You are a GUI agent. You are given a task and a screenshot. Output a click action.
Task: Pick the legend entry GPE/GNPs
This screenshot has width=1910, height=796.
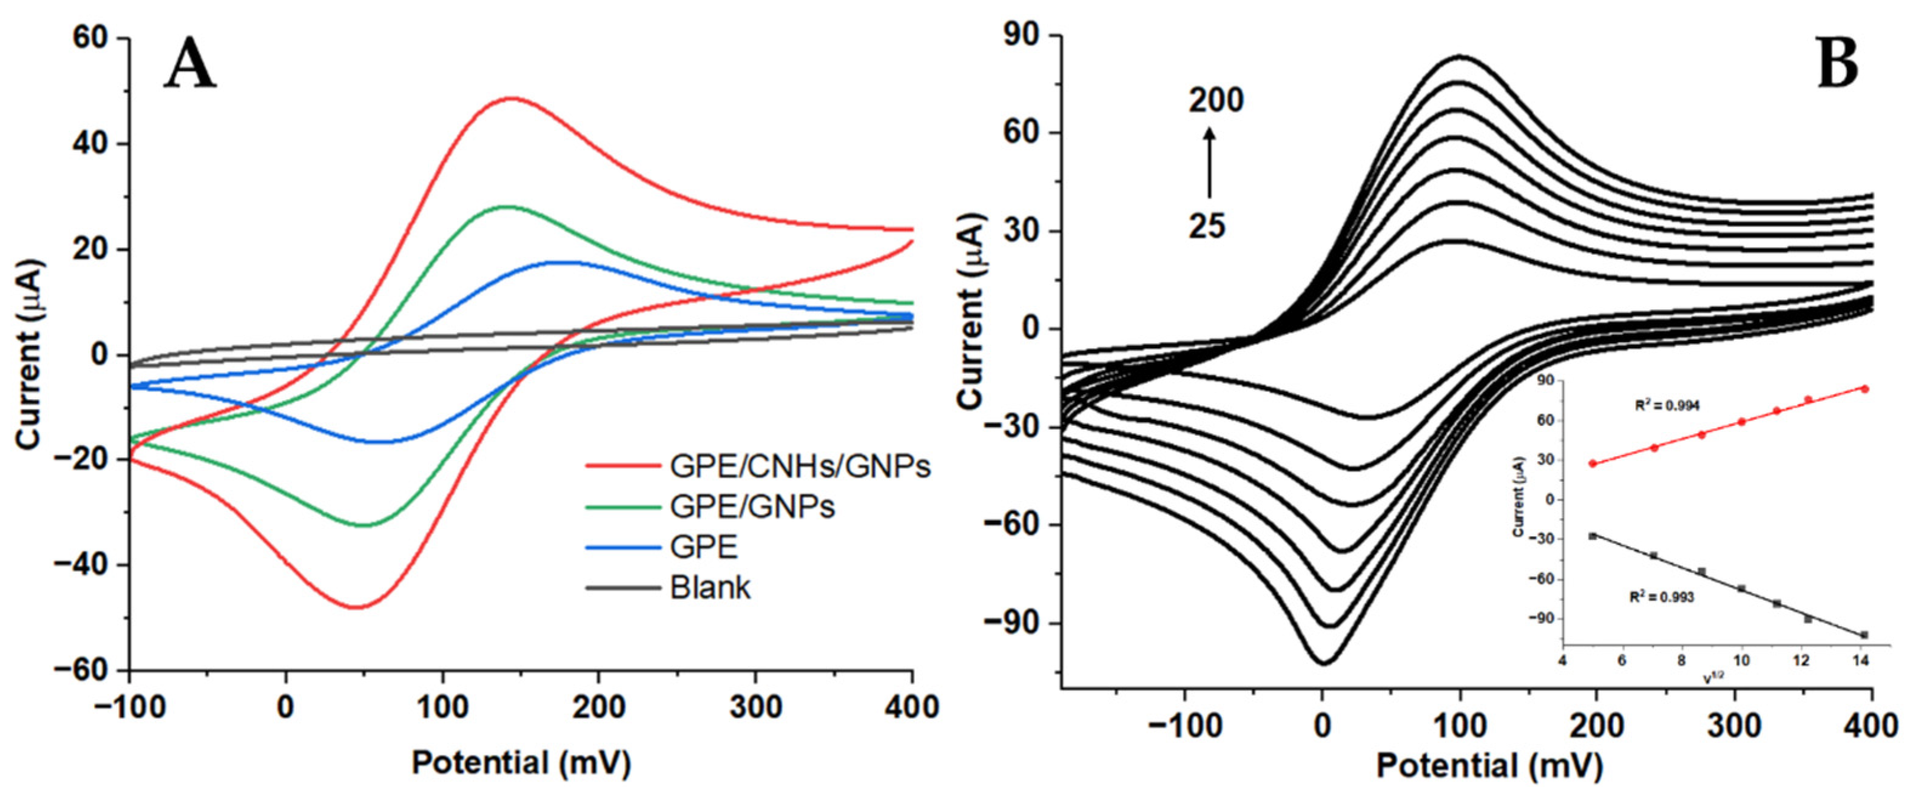(752, 507)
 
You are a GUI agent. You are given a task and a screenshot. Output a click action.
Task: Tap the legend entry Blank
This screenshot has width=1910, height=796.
(710, 588)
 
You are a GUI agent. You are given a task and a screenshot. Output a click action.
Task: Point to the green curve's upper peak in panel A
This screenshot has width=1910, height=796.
(507, 207)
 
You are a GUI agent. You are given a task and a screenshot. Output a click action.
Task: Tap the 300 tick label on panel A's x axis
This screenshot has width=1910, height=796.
(755, 708)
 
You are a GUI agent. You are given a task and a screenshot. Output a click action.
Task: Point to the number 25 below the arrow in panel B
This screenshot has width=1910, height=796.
(1207, 227)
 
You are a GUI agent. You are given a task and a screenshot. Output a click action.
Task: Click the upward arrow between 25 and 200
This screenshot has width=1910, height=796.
(1209, 163)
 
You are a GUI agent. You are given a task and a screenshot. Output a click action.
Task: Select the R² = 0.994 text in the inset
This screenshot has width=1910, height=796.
(1661, 405)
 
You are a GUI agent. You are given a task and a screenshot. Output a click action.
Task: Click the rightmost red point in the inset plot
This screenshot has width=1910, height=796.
(1864, 389)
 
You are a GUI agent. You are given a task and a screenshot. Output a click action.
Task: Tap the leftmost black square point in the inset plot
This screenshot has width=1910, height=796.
(1593, 536)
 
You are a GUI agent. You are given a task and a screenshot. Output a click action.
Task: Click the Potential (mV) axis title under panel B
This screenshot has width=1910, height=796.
(1490, 766)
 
